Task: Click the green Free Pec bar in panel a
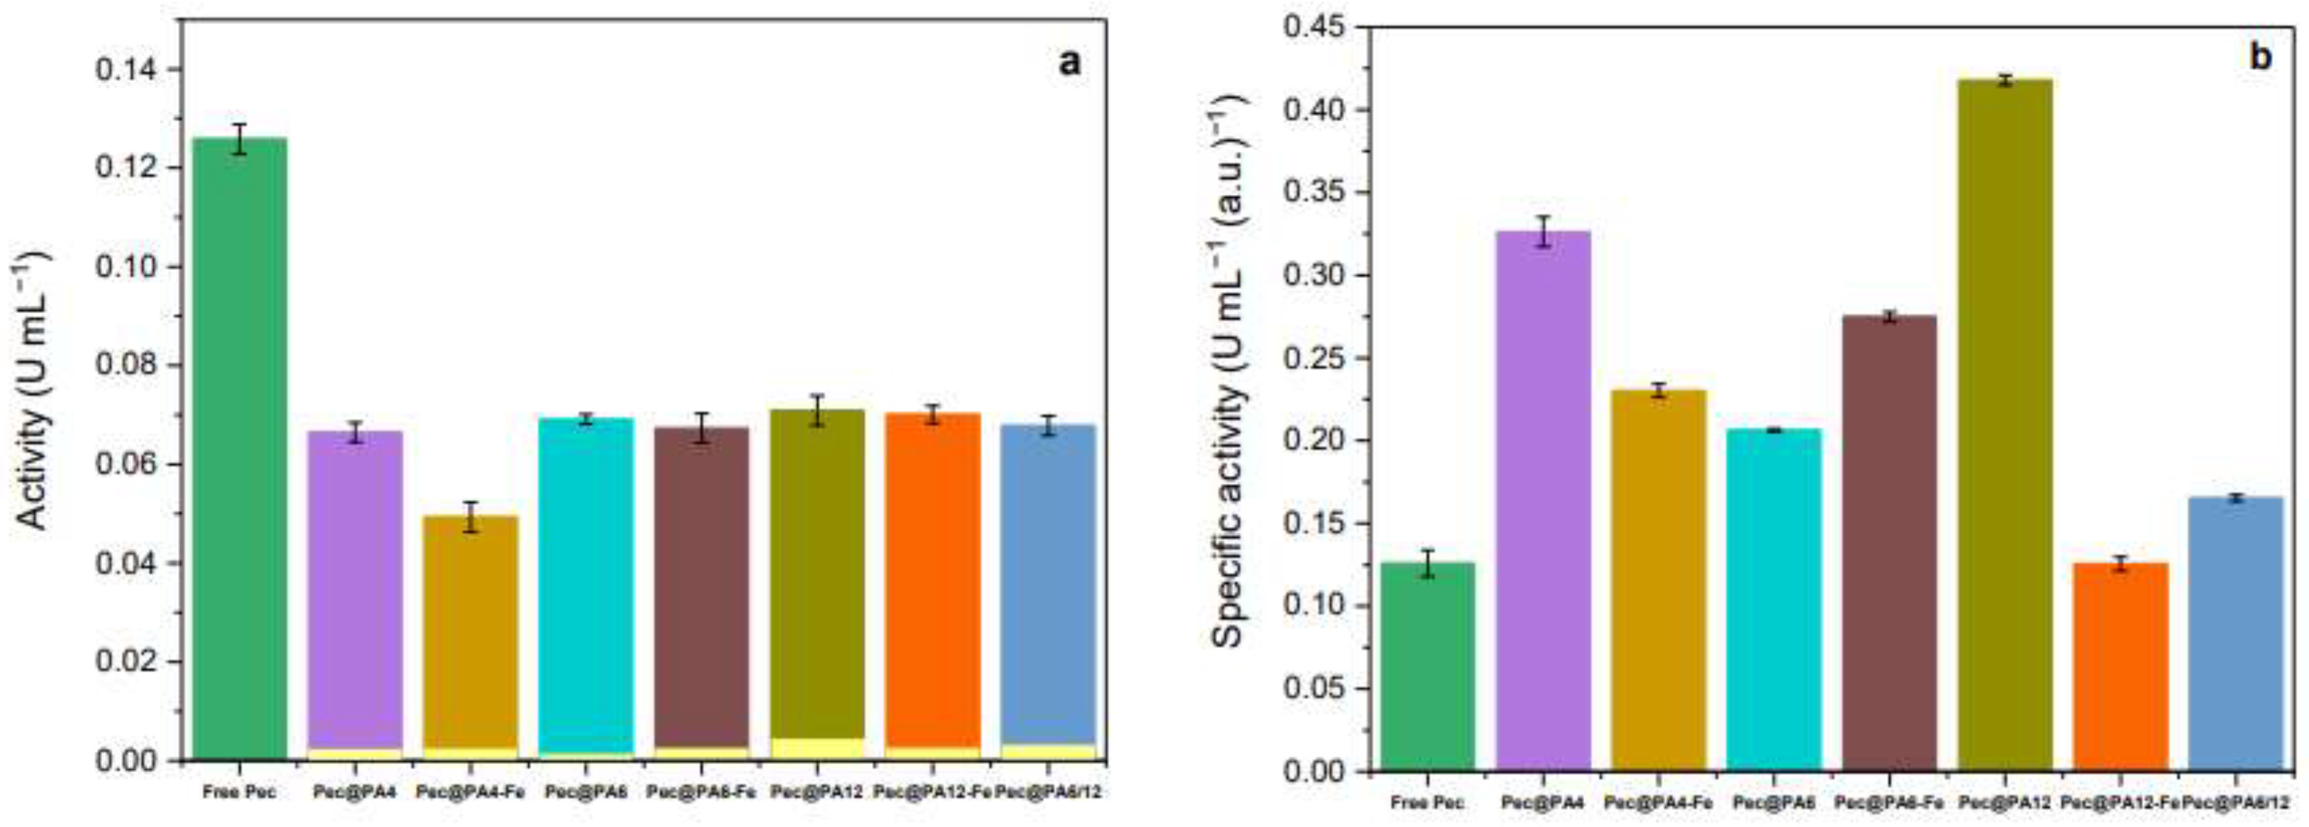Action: tap(240, 448)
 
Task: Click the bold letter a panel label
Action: tap(1069, 63)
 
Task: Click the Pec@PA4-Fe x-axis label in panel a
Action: tap(471, 793)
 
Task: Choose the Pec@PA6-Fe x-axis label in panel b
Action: tap(1889, 803)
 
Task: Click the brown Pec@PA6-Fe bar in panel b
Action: tap(1889, 538)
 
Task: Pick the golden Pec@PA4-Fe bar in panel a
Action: tap(471, 627)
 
